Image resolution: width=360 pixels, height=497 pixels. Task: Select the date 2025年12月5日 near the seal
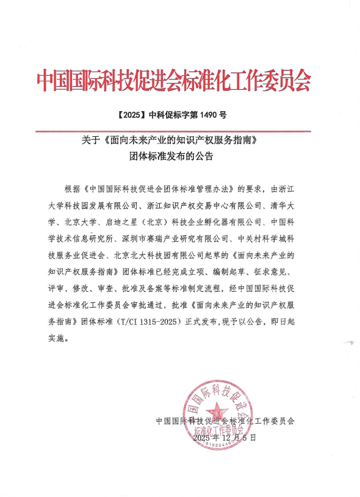(225, 438)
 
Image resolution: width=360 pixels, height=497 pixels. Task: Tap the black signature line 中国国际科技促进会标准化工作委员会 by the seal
(225, 421)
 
